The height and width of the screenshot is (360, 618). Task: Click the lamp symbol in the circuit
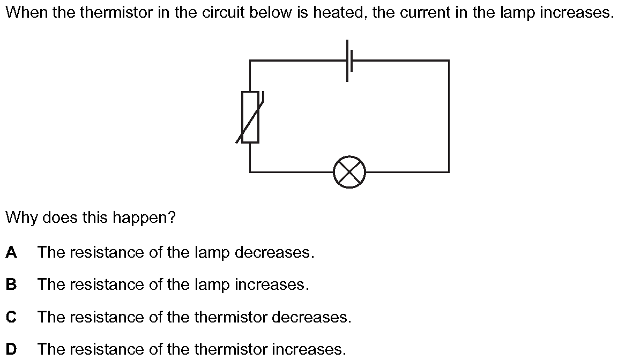click(349, 172)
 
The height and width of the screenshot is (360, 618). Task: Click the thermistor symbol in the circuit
click(250, 117)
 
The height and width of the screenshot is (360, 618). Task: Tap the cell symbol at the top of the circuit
click(349, 61)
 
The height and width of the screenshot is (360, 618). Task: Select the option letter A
click(11, 252)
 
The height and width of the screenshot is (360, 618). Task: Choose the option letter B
click(11, 284)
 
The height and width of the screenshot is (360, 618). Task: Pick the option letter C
click(11, 317)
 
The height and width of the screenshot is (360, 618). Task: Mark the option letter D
click(11, 349)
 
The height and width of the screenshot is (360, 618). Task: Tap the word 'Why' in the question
click(21, 217)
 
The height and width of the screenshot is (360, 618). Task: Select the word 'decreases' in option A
click(274, 252)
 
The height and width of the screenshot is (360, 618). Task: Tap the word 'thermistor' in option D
click(231, 349)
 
